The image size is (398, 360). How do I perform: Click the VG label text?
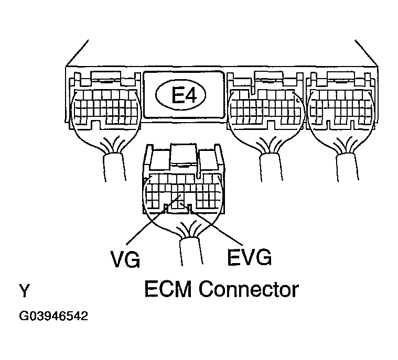point(126,258)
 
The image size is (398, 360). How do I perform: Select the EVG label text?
point(250,257)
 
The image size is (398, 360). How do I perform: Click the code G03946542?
point(53,317)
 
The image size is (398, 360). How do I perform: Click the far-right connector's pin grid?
point(341,107)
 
